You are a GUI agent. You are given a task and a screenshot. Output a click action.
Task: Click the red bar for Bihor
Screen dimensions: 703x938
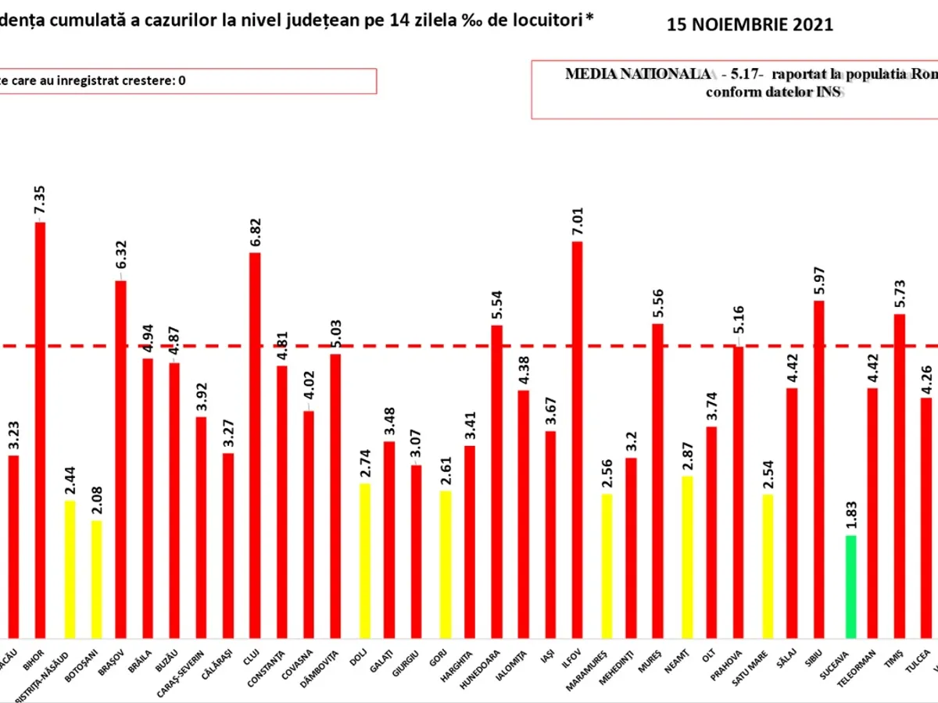[40, 430]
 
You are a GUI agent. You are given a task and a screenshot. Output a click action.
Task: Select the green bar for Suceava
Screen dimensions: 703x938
[850, 587]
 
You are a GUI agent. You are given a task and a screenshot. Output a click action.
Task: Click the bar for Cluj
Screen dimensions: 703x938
[255, 445]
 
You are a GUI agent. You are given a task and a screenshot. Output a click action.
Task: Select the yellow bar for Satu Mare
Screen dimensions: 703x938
[767, 566]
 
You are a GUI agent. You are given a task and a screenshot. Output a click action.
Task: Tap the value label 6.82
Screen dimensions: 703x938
[255, 232]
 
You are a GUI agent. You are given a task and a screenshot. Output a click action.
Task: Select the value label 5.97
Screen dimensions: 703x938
[818, 280]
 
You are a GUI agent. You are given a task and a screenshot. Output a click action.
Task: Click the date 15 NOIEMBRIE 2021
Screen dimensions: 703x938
[750, 25]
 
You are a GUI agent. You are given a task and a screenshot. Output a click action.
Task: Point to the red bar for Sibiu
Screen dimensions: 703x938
[818, 469]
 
